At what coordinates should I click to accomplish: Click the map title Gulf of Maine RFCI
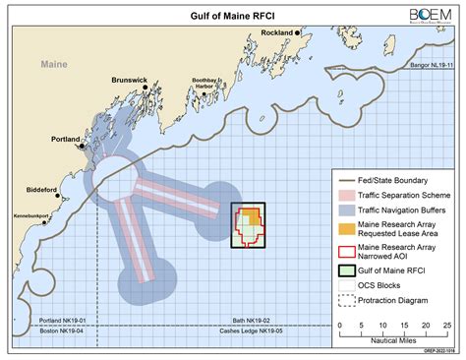coord(232,16)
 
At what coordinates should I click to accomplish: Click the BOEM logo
coord(424,15)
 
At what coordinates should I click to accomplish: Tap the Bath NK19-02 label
coord(265,322)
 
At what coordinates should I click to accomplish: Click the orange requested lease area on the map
coord(250,215)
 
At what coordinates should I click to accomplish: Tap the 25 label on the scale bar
coord(446,324)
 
